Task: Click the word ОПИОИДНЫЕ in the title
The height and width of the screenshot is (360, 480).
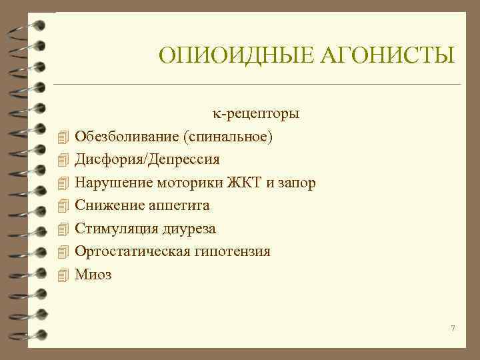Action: point(229,55)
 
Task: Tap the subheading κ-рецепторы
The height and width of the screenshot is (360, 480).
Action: point(256,113)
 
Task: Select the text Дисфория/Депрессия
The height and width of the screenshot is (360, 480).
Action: point(147,160)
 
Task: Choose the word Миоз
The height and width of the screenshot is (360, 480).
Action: point(93,274)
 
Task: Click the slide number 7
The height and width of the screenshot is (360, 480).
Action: point(453,329)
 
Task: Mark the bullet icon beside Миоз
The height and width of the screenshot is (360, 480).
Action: point(63,274)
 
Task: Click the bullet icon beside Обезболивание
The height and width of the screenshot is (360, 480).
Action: point(63,137)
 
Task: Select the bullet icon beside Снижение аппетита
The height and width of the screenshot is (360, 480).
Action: point(63,206)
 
